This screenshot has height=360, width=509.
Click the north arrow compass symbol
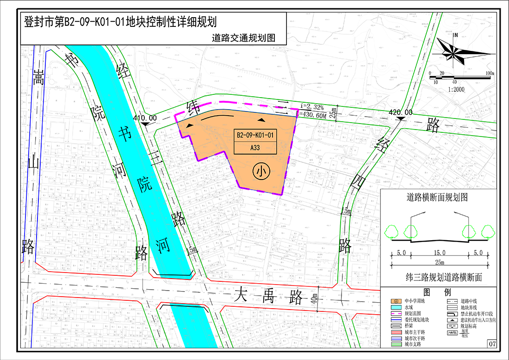(x=455, y=50)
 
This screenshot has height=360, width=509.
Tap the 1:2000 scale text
(x=455, y=89)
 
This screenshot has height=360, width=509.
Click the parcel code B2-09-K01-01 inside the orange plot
(x=255, y=136)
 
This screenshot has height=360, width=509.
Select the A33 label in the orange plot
(x=255, y=148)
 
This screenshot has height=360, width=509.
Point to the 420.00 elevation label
(x=401, y=112)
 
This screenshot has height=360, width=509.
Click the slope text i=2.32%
(x=312, y=106)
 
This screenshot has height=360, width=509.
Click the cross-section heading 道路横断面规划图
(x=437, y=197)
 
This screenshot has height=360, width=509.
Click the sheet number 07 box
(x=491, y=344)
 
